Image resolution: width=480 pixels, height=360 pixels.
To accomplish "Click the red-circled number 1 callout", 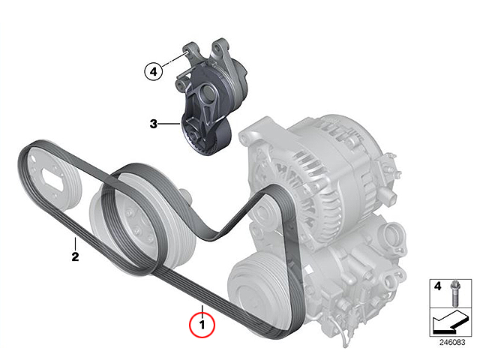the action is tap(202, 325).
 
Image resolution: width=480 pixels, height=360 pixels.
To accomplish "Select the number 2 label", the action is tap(75, 256).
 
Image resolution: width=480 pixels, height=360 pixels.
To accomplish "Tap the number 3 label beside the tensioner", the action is tap(153, 124).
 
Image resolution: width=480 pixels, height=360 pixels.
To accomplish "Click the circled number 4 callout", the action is tap(153, 72).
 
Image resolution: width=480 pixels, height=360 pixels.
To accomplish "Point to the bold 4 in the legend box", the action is tap(438, 286).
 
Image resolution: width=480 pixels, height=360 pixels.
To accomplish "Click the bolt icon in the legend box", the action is tap(454, 293).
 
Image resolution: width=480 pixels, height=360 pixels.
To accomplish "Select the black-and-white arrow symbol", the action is tap(450, 322).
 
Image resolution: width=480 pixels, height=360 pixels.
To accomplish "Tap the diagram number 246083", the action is tap(452, 342).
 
